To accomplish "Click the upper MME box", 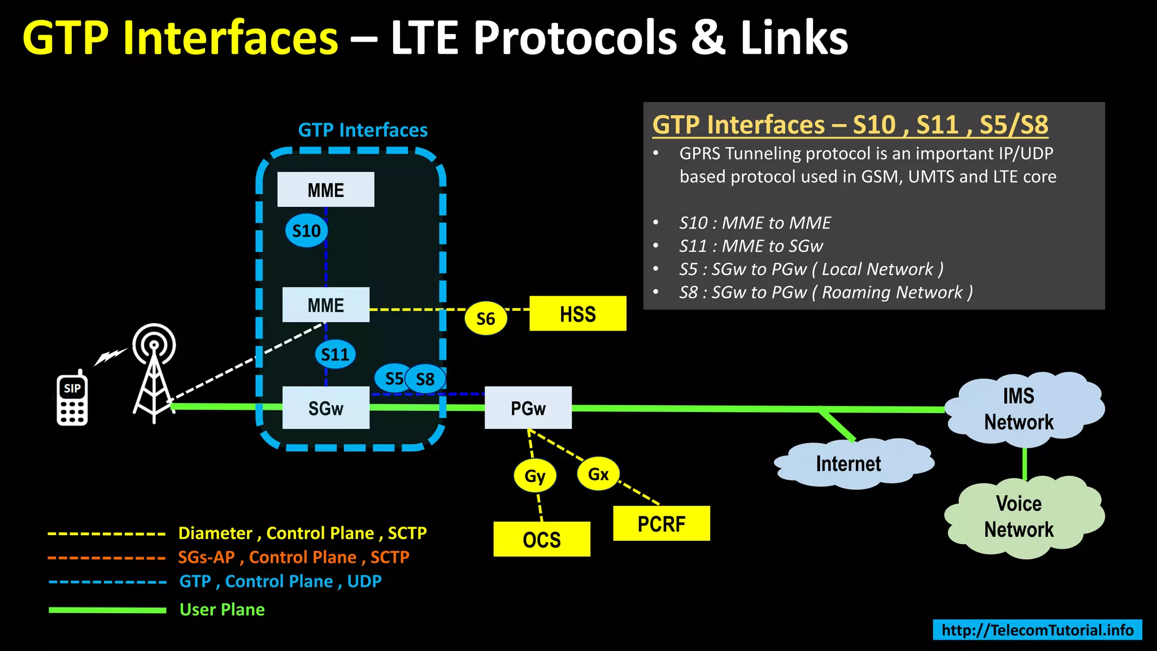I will [x=325, y=190].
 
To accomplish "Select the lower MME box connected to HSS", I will [x=325, y=305].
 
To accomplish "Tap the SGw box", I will [x=325, y=408].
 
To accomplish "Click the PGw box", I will [x=528, y=408].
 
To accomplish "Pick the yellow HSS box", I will [x=577, y=314].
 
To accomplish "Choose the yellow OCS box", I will [x=541, y=539].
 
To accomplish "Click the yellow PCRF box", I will [x=661, y=523].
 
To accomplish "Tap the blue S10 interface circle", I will [x=306, y=231].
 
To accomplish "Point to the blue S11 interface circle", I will [x=335, y=354].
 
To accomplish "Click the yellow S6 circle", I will [x=485, y=319].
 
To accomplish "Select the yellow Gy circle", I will [x=534, y=476].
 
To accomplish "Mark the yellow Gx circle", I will [x=598, y=474].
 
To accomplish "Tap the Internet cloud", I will [x=849, y=463].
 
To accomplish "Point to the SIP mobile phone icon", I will [x=72, y=399].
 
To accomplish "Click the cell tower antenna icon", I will [x=154, y=373].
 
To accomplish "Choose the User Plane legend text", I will [x=222, y=609].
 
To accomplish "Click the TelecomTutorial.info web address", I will [x=1037, y=630].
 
